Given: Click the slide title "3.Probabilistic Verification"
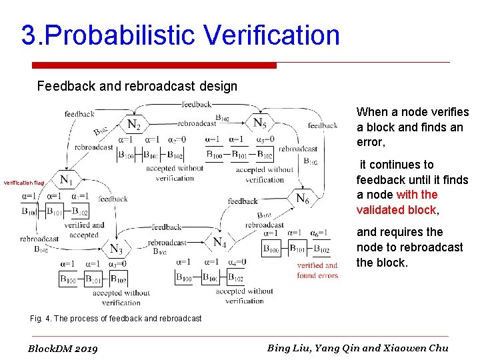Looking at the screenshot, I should [180, 35].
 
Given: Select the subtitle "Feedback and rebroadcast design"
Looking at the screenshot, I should [137, 86].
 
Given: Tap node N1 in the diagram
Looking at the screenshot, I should [67, 179].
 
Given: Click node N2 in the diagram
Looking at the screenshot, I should [133, 124].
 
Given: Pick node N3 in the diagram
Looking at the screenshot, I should [116, 249].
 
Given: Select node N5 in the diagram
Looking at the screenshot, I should [260, 123].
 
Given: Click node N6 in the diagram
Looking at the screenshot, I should [302, 198].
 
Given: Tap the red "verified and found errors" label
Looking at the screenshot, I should [317, 270].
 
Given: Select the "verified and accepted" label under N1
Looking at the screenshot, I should [84, 230].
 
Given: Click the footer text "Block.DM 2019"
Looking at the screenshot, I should [63, 349].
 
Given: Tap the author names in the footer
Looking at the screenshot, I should [357, 347].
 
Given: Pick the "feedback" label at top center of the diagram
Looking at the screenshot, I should [196, 104].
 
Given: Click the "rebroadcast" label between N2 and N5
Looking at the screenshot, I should [197, 123].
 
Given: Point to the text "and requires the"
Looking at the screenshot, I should [399, 232].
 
